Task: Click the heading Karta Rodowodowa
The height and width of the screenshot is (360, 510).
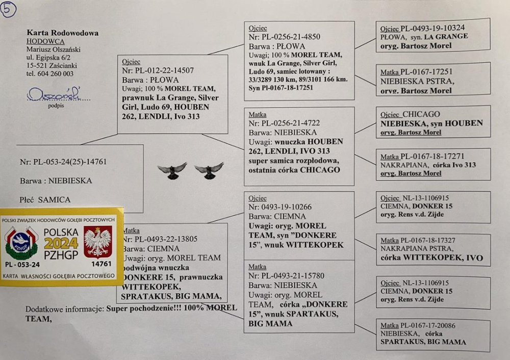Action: (x=62, y=33)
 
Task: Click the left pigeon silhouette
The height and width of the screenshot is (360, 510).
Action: (x=172, y=170)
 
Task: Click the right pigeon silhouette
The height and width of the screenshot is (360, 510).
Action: (x=209, y=170)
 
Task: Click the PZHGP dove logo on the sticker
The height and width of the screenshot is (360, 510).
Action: (x=21, y=242)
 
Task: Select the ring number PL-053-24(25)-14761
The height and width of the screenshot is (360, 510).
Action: (x=63, y=162)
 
